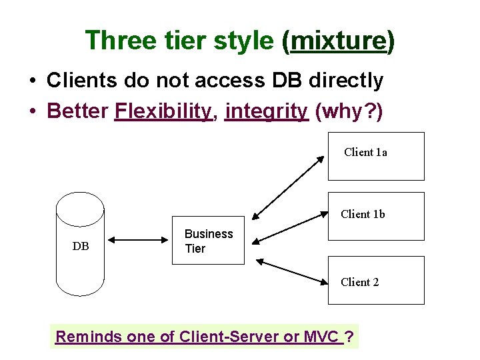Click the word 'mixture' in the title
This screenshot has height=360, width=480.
click(339, 41)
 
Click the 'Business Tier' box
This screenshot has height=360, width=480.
click(209, 241)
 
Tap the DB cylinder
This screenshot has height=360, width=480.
click(80, 244)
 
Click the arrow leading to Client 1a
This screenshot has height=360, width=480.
click(288, 189)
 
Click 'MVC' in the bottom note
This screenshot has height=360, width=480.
click(322, 337)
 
